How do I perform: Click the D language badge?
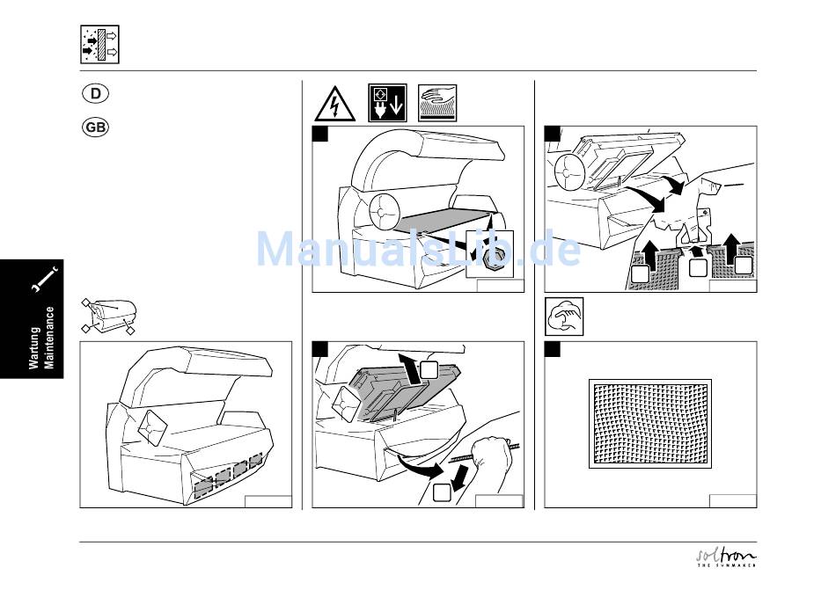point(95,93)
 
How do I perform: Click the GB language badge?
point(95,127)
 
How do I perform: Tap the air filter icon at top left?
point(99,44)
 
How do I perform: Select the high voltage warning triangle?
point(334,103)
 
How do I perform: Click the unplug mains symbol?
point(387,103)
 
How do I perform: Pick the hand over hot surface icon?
point(437,103)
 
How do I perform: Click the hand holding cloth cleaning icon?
point(564,317)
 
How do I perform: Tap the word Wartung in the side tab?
point(34,347)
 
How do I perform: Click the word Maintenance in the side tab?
point(49,338)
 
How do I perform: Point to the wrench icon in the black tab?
point(44,279)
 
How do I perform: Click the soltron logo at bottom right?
point(727,557)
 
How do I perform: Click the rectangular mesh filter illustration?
point(650,424)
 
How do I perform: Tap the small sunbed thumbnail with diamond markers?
point(109,317)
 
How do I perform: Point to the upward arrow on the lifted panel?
point(410,368)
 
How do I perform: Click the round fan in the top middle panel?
point(384,211)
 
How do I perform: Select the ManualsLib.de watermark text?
point(419,249)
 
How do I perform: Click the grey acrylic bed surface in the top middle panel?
point(443,221)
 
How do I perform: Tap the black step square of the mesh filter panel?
point(553,349)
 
